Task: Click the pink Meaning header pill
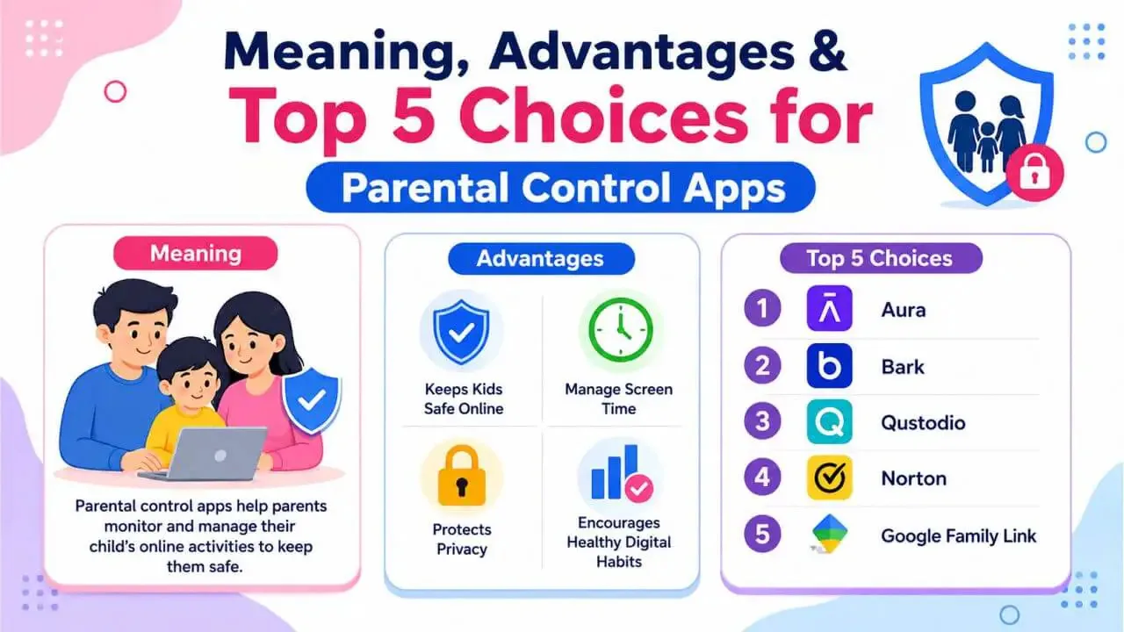(x=196, y=254)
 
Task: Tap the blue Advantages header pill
(x=541, y=259)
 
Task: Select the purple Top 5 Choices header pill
(x=881, y=258)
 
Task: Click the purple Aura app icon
(x=830, y=308)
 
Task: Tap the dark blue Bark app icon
(x=830, y=366)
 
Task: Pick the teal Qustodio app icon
(x=830, y=422)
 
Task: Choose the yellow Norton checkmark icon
(x=830, y=478)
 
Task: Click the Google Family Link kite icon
(x=830, y=534)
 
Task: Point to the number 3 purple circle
(x=762, y=421)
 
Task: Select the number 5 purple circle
(x=762, y=534)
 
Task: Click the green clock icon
(x=621, y=329)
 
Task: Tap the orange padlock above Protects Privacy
(x=462, y=475)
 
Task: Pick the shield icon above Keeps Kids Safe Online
(x=461, y=332)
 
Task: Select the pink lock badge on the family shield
(x=1034, y=173)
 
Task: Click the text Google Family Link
(x=958, y=535)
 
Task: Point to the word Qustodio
(x=923, y=423)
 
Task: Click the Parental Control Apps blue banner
(x=561, y=188)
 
